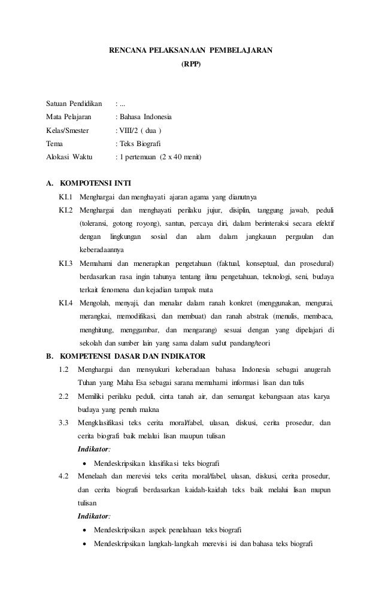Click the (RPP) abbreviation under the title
(x=191, y=62)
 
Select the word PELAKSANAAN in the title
(x=169, y=49)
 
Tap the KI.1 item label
(x=66, y=197)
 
